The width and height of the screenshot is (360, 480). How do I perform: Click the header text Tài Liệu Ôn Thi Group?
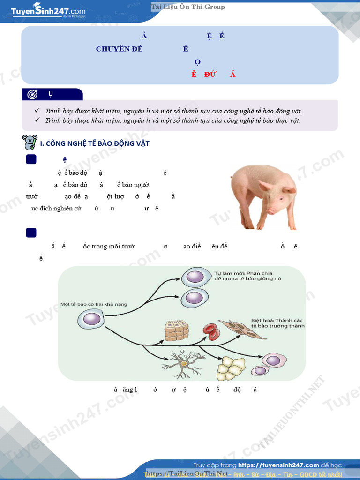click(x=187, y=7)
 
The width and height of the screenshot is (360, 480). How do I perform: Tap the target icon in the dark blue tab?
click(x=32, y=94)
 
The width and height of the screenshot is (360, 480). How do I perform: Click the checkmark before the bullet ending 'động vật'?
click(x=37, y=111)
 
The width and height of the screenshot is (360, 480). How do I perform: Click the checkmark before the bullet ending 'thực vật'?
click(x=37, y=120)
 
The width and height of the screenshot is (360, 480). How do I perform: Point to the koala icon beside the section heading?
click(x=30, y=142)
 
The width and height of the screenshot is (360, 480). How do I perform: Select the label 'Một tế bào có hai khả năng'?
click(x=94, y=304)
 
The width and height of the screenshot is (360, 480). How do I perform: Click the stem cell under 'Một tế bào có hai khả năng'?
click(x=89, y=320)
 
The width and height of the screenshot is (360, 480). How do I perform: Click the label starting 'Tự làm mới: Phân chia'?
click(x=244, y=276)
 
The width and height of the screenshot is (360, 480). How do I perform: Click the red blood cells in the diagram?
click(x=211, y=331)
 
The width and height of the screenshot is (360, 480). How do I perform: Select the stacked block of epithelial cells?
click(x=176, y=330)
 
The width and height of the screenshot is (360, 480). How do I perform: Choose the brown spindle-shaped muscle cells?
click(x=242, y=330)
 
